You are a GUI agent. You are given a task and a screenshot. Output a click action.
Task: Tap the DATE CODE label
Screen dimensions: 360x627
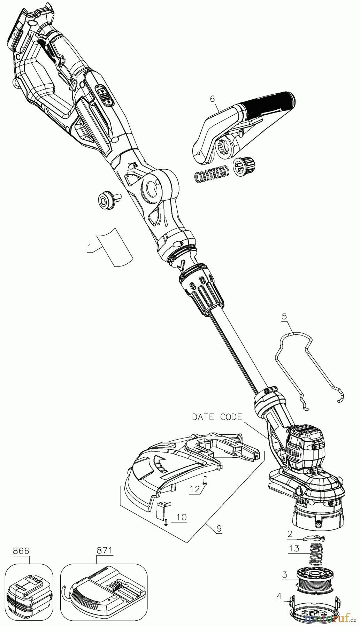click(217, 417)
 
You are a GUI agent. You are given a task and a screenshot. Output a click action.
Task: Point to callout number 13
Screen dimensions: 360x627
click(294, 548)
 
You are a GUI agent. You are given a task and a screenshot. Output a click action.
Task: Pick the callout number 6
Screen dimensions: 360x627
click(212, 99)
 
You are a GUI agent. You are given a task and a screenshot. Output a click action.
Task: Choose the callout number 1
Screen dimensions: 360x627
click(90, 248)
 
